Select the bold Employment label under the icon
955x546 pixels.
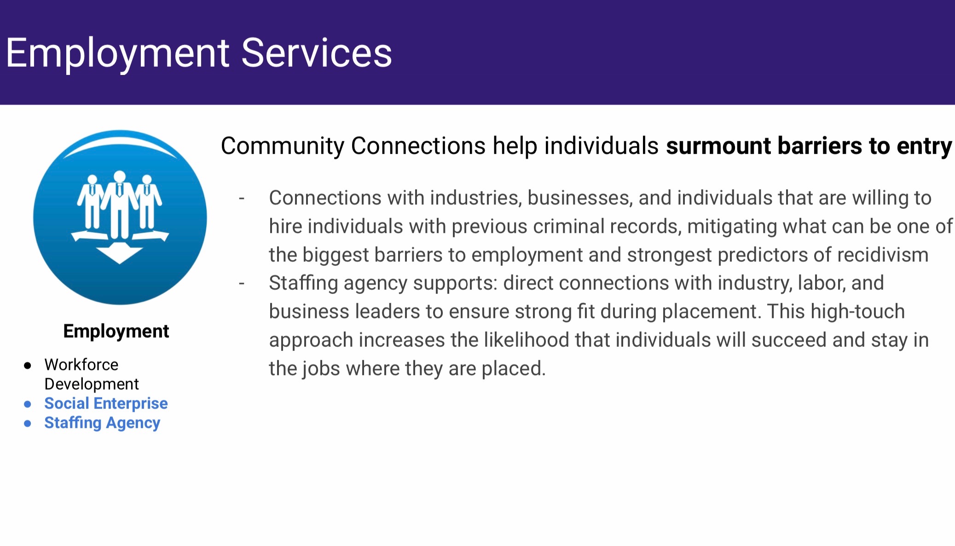tap(116, 332)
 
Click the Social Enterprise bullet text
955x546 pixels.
tap(106, 403)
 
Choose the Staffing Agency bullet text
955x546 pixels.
tap(102, 423)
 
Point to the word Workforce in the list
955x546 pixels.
tap(81, 365)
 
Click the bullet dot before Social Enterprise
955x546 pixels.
tap(28, 404)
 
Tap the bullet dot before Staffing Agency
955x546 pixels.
tap(28, 424)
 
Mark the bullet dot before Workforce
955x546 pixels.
tap(28, 366)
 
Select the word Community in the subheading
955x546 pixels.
tap(283, 147)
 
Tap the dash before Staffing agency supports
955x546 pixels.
tap(242, 284)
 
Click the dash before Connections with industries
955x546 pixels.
tap(242, 199)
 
